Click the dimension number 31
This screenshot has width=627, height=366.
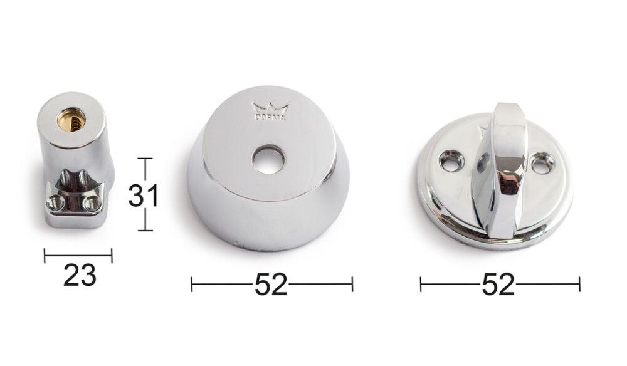point(144,196)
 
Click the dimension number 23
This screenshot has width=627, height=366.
point(80,275)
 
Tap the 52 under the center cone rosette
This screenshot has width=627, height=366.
point(271,285)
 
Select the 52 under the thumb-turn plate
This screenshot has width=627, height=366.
point(498,285)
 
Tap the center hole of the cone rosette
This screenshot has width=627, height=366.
point(269,159)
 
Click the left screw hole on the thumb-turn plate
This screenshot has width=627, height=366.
point(452,160)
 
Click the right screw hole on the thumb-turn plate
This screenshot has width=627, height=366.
point(542,164)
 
